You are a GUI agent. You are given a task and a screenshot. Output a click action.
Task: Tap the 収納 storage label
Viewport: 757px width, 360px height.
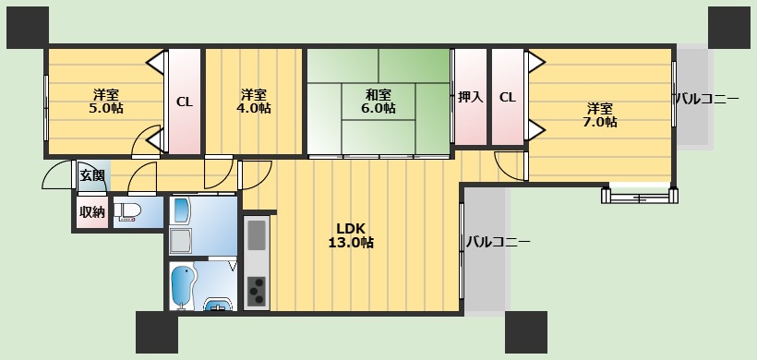click(x=91, y=211)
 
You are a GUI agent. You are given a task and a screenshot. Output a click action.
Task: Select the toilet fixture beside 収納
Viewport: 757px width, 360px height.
click(x=126, y=211)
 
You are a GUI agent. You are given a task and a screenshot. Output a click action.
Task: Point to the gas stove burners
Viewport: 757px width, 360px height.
click(x=257, y=292)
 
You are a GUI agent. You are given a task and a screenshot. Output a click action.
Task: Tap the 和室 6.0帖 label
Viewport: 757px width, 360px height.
click(x=378, y=101)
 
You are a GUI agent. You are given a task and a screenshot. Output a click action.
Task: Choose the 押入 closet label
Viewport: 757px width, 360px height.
click(x=471, y=97)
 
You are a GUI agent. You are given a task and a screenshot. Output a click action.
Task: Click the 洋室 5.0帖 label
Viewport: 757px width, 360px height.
click(x=105, y=101)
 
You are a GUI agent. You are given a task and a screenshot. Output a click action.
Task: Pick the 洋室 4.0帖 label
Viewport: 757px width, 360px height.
click(x=253, y=101)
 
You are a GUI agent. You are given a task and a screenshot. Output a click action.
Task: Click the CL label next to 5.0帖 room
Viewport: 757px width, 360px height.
click(x=184, y=102)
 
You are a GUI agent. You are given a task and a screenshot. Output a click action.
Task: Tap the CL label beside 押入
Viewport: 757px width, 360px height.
click(x=507, y=97)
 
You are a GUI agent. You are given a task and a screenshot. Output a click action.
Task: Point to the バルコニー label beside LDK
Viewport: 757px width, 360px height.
click(x=498, y=243)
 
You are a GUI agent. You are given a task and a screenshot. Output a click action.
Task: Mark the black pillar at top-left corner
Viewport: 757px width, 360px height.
click(x=27, y=26)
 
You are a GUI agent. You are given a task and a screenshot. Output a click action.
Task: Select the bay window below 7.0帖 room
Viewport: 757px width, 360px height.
click(x=639, y=195)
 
